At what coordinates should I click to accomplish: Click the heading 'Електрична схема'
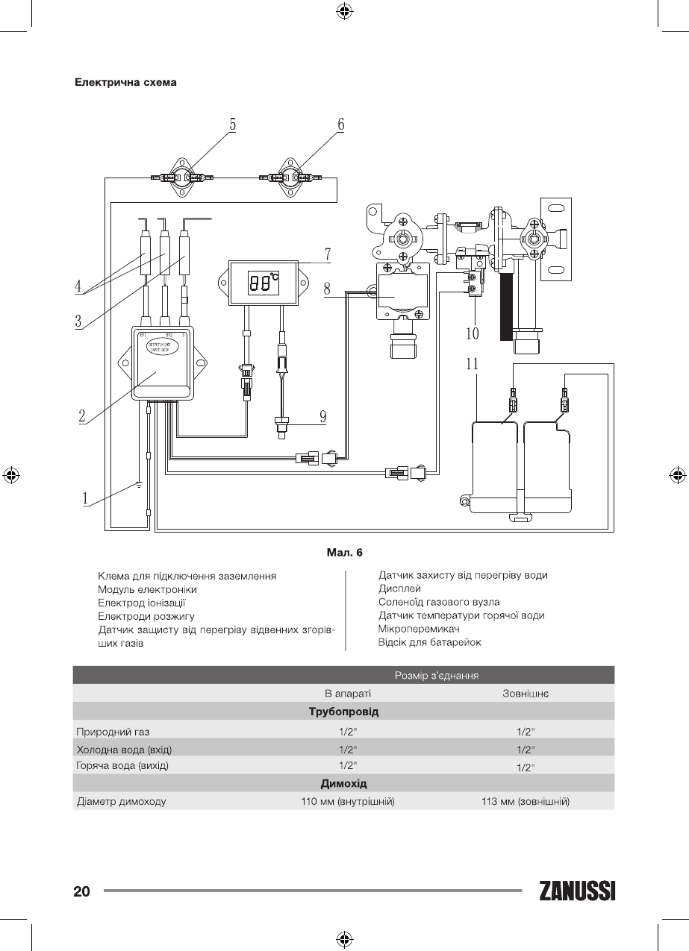(125, 82)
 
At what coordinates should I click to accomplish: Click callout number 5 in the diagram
(232, 125)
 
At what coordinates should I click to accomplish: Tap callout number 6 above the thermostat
(340, 125)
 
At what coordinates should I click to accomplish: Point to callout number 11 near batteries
(472, 365)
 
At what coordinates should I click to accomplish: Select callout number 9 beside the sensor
(323, 416)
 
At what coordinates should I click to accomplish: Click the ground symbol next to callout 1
(138, 486)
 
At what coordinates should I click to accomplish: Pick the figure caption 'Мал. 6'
(345, 553)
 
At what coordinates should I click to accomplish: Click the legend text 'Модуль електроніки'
(147, 589)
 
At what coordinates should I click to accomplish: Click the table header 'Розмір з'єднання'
(436, 675)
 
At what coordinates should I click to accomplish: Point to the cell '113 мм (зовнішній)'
(526, 802)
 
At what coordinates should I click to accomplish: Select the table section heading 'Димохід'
(343, 783)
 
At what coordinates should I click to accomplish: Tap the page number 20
(81, 891)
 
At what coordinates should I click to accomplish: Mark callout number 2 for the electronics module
(82, 416)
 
